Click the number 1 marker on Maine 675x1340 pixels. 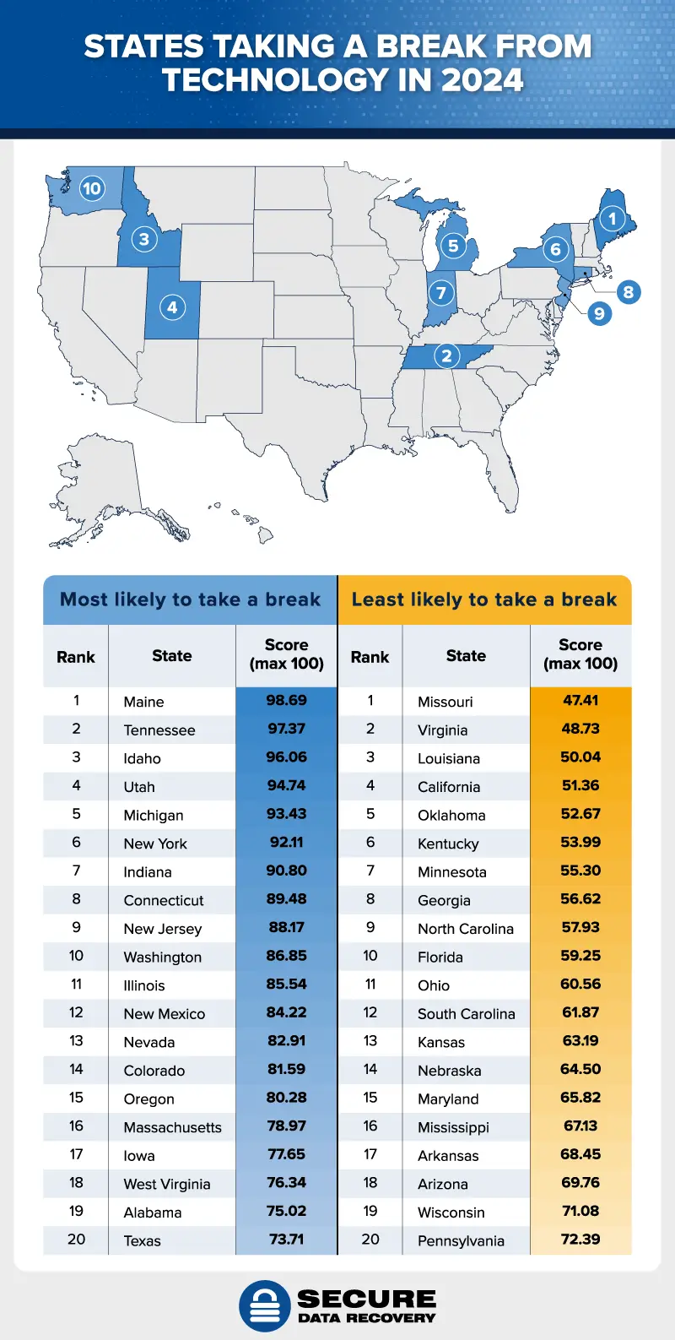tap(613, 219)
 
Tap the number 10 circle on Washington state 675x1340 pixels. tap(91, 189)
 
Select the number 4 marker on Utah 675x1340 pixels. tap(172, 307)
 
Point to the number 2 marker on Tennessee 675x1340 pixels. tap(446, 356)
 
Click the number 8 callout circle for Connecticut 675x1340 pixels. tap(628, 292)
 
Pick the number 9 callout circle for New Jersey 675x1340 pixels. tap(598, 314)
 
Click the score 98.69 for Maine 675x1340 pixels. tap(286, 701)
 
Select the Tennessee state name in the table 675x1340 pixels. tap(159, 730)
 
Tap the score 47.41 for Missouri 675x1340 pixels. tap(580, 701)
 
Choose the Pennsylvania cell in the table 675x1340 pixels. tap(461, 1241)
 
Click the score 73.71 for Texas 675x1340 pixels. tap(286, 1240)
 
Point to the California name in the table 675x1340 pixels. tap(449, 787)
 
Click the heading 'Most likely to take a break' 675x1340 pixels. tap(190, 599)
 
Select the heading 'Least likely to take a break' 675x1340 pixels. tap(484, 599)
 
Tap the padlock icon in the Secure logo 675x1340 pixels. tap(265, 1305)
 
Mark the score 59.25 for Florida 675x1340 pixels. tap(580, 956)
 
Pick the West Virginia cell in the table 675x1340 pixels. tap(167, 1184)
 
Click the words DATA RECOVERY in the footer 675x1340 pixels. tap(366, 1317)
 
